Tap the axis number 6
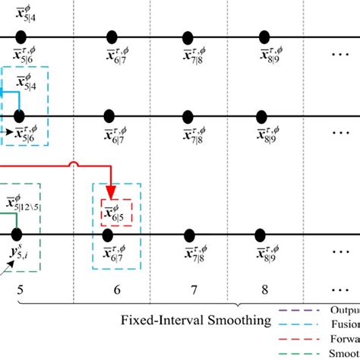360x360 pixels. click(x=116, y=289)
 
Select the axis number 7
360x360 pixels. click(x=194, y=289)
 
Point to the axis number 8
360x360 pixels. click(x=264, y=289)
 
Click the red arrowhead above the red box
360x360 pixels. click(x=112, y=191)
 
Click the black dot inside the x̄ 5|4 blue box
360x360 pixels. click(x=19, y=115)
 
